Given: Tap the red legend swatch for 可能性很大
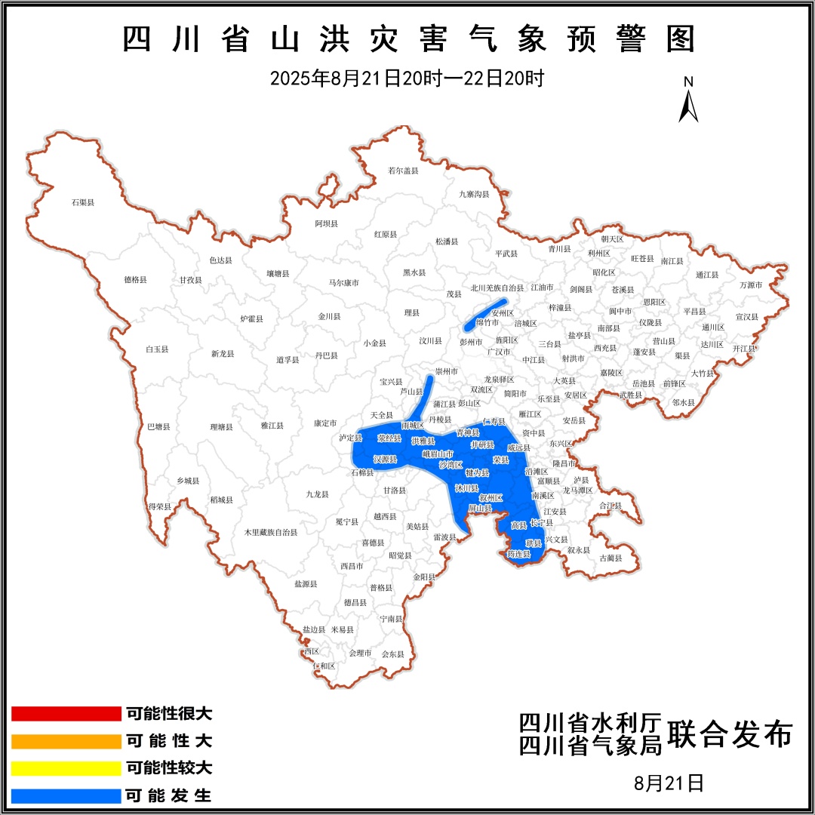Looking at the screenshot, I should point(66,714).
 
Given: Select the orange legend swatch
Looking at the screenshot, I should point(66,741).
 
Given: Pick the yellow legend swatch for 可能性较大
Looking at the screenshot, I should point(66,768).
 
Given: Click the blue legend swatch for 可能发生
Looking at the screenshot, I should point(66,795).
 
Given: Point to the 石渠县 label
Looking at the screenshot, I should point(82,202).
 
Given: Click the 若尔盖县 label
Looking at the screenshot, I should point(402,171).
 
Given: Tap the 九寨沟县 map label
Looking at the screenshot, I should point(474,194).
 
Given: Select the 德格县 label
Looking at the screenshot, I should point(135,279).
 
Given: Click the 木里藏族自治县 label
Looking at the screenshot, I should point(270,532).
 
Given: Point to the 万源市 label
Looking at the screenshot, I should point(751,284).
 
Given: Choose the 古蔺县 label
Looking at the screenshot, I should point(610,558).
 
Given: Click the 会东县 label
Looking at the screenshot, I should point(393,654).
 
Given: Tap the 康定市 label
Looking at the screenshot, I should point(325,423).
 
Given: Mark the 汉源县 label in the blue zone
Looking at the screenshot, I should point(385,459).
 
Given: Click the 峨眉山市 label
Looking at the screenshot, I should point(438,454).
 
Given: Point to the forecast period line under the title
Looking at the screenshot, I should point(407,78).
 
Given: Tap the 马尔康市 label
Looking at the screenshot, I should point(343,283).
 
